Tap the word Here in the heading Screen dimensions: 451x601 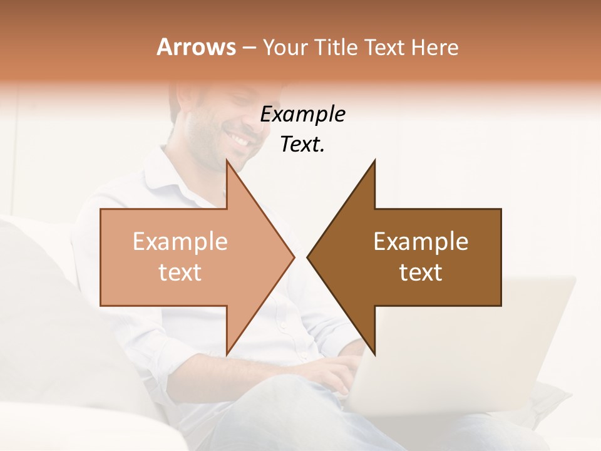point(435,47)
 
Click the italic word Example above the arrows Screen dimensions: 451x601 point(303,115)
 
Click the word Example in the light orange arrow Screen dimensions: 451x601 point(180,242)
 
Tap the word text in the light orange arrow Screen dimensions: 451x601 point(180,272)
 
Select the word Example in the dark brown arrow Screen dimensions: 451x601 point(421,242)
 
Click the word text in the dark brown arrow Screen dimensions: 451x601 point(421,272)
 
